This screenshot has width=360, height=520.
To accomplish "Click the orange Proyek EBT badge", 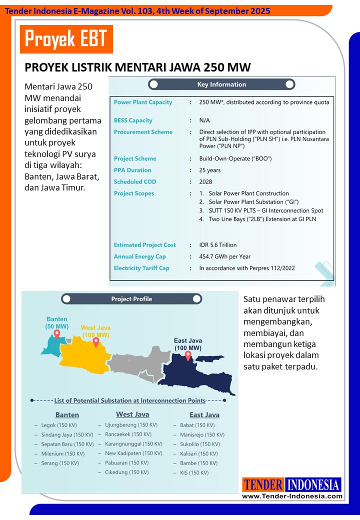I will [66, 38].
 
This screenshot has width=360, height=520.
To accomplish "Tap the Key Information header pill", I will [221, 84].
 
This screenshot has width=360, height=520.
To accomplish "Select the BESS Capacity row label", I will [133, 120].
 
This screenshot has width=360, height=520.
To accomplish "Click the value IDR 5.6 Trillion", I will [218, 245].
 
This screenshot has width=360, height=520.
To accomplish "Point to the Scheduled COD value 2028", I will [205, 182].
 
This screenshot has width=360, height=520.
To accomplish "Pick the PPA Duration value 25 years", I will [210, 170].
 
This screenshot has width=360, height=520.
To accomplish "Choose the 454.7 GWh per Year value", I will [224, 256].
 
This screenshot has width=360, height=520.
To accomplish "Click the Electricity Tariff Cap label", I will [141, 268].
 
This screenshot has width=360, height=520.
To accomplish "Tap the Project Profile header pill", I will [131, 299].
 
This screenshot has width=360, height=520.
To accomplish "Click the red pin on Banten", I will [57, 334].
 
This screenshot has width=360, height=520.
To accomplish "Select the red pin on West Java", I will [95, 342].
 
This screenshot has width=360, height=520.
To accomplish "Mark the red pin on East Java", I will [188, 355].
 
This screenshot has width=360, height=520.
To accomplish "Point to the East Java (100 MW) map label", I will [188, 344].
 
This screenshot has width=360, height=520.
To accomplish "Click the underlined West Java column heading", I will [132, 414].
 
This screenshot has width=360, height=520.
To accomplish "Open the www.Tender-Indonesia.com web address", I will [292, 496].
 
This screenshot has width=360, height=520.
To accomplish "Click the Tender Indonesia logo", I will [292, 484].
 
